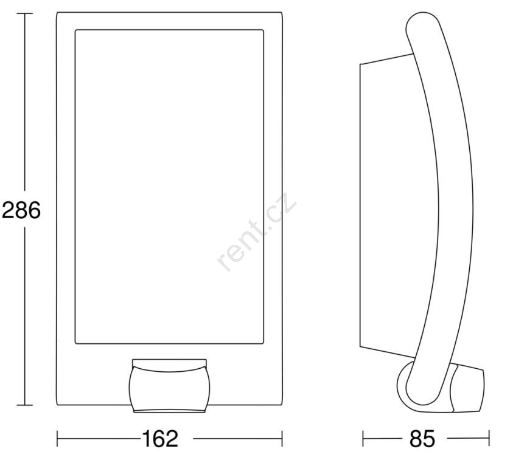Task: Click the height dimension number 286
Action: click(x=21, y=210)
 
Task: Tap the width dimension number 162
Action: click(x=160, y=439)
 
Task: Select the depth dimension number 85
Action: click(x=422, y=439)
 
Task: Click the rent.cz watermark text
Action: click(x=257, y=231)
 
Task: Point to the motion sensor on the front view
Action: click(x=169, y=386)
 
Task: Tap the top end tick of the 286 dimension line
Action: click(x=24, y=13)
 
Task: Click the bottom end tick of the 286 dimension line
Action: click(x=24, y=405)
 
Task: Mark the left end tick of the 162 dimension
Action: click(x=57, y=439)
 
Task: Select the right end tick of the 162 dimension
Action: click(x=282, y=439)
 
